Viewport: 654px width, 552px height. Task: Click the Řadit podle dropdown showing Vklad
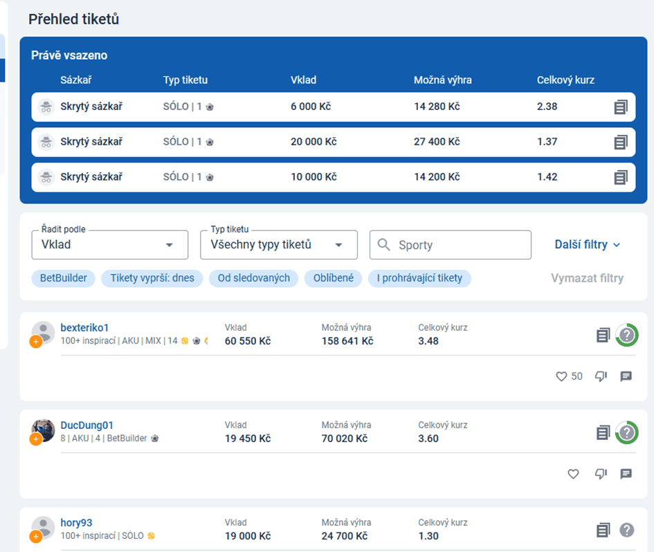click(110, 245)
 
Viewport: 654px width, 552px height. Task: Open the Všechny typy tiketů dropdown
click(279, 245)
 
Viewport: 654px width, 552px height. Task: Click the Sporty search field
click(450, 245)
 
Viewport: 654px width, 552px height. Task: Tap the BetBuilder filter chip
click(64, 278)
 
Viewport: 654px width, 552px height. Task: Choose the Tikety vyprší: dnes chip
click(152, 278)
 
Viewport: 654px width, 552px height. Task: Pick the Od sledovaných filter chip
click(253, 278)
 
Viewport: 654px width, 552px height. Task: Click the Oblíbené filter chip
click(334, 278)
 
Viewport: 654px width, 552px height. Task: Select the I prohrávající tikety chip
click(419, 278)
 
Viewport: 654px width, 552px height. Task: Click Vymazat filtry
click(587, 278)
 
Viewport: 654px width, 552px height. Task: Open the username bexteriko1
click(84, 328)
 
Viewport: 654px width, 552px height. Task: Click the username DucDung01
click(87, 425)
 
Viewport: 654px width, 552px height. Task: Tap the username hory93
click(76, 523)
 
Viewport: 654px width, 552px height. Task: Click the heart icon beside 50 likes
click(561, 376)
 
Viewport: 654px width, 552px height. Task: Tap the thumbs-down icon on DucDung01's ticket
click(601, 474)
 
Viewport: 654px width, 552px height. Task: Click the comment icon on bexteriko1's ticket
click(626, 376)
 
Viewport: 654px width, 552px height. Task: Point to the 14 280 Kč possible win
click(437, 107)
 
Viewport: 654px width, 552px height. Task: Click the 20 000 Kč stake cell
click(314, 142)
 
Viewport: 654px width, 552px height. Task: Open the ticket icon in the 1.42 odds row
click(621, 177)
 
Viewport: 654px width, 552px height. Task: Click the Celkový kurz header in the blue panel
click(565, 80)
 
